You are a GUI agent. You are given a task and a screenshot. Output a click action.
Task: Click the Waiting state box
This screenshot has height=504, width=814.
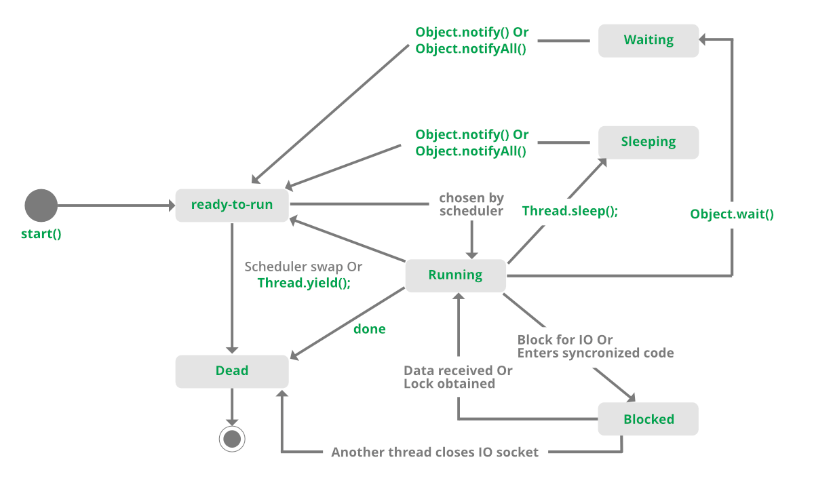pos(648,41)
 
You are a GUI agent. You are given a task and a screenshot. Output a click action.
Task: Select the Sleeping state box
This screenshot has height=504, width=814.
pos(648,142)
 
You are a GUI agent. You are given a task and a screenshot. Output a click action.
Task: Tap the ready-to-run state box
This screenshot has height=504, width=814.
pos(232,205)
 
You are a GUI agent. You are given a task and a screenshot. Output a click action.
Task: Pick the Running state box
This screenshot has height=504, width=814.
pos(455,275)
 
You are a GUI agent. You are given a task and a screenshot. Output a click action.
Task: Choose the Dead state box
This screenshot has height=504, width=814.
pos(232,371)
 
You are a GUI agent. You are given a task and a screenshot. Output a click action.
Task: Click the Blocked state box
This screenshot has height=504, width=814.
pos(648,419)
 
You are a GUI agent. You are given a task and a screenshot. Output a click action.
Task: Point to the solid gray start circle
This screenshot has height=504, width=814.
pos(41,206)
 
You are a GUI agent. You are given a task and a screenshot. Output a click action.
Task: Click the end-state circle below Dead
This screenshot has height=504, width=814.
pos(232,439)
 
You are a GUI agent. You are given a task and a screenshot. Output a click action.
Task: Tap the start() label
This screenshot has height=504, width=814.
pos(41,235)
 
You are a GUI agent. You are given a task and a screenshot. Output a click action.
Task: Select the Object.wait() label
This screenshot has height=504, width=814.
pos(732,214)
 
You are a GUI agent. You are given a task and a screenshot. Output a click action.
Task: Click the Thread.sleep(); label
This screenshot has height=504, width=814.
pos(570,211)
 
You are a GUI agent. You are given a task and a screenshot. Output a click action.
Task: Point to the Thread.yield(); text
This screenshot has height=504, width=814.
pos(304,284)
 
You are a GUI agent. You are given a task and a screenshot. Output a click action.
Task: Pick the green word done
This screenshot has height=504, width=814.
pos(370,329)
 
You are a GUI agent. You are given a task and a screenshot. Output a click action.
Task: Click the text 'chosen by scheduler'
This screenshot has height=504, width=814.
pos(471,204)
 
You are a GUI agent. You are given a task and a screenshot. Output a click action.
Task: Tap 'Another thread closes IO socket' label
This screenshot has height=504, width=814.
pos(435,452)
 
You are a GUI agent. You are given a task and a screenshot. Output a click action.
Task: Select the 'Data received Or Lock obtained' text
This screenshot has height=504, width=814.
pos(458,377)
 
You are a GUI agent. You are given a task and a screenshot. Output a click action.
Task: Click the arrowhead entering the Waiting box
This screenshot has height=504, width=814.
pos(703,41)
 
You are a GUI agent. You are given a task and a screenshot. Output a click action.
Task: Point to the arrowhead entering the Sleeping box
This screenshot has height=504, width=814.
pos(602,162)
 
